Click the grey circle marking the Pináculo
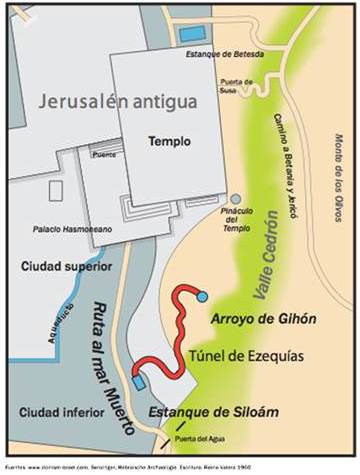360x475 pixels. point(236,199)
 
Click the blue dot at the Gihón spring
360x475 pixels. point(203,297)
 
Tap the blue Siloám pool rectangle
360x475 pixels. point(137,384)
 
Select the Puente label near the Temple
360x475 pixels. point(97,155)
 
